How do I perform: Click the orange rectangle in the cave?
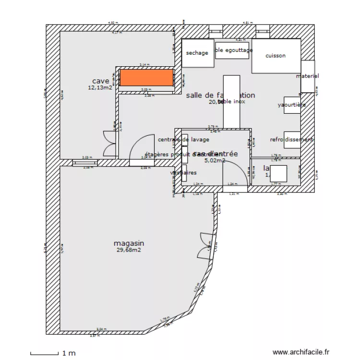point(146,79)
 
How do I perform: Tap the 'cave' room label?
point(101,81)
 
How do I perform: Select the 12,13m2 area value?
point(100,88)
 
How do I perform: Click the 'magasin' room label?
point(129,243)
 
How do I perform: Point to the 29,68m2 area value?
point(129,250)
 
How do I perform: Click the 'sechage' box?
point(197,53)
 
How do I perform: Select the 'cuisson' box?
point(276,56)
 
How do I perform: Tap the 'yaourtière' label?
point(291,105)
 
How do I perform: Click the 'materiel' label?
point(307,76)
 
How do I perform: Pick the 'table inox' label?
point(232,101)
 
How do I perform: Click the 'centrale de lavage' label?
point(183,140)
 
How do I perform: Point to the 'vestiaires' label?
point(183,172)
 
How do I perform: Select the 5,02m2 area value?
point(215,161)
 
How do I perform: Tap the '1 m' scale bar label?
point(69,353)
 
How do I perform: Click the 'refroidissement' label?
point(291,140)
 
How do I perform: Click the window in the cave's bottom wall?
point(85,163)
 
